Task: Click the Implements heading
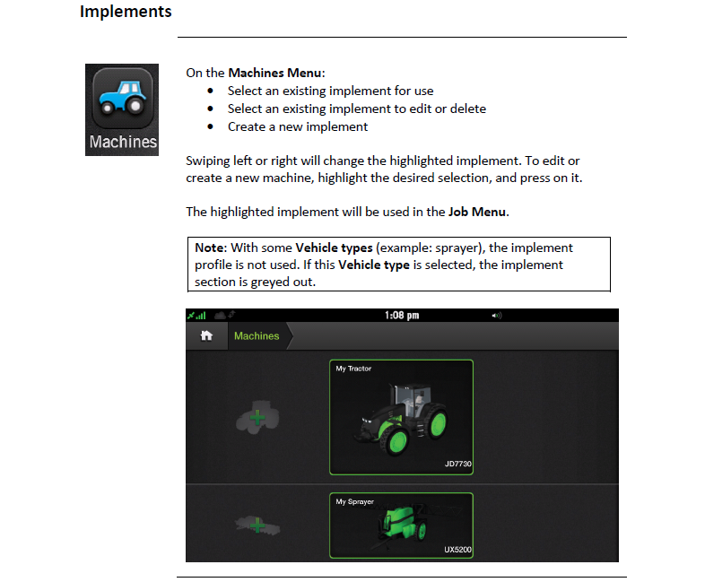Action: pyautogui.click(x=126, y=12)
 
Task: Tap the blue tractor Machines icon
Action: pyautogui.click(x=122, y=97)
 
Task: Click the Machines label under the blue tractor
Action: pyautogui.click(x=123, y=142)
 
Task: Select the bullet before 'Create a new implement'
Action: pyautogui.click(x=211, y=126)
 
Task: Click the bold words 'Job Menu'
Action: pyautogui.click(x=477, y=212)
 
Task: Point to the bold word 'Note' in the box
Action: pyautogui.click(x=209, y=248)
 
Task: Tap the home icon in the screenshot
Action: pyautogui.click(x=206, y=335)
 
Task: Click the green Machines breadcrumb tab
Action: pyautogui.click(x=257, y=335)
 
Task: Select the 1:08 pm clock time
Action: pyautogui.click(x=402, y=315)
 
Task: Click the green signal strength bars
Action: pyautogui.click(x=201, y=315)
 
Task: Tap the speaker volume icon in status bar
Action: pyautogui.click(x=496, y=316)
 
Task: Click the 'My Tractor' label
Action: pyautogui.click(x=353, y=369)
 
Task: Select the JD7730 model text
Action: pyautogui.click(x=457, y=464)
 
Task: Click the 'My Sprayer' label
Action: pyautogui.click(x=355, y=501)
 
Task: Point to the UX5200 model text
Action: pyautogui.click(x=457, y=550)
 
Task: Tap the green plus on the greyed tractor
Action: pyautogui.click(x=257, y=418)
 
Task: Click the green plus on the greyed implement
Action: pyautogui.click(x=257, y=525)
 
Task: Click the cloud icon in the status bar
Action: pyautogui.click(x=220, y=315)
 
